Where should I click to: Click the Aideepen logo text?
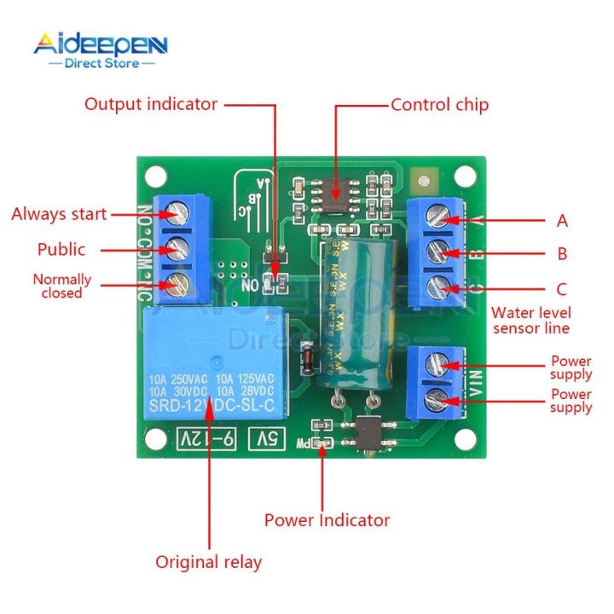tap(101, 43)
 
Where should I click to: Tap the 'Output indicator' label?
tap(150, 104)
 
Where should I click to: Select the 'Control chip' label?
tap(439, 105)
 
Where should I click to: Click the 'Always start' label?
tap(59, 214)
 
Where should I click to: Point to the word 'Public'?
tap(61, 250)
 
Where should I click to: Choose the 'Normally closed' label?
tap(61, 286)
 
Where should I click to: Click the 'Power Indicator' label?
tap(327, 520)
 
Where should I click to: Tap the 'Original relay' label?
tap(208, 562)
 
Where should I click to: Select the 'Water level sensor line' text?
tap(531, 321)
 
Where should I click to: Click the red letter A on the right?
tap(562, 222)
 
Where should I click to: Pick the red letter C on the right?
tap(562, 289)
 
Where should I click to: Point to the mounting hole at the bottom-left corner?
tap(154, 439)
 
